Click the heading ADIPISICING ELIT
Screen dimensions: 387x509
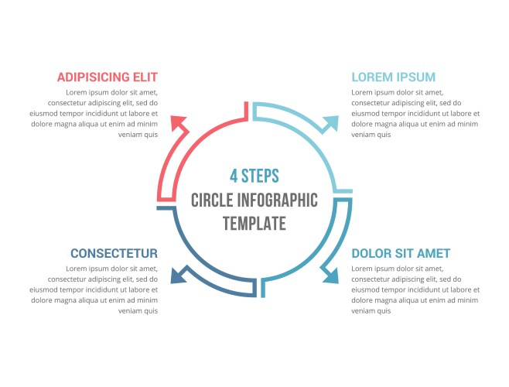pyautogui.click(x=107, y=77)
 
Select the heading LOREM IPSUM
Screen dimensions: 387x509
pyautogui.click(x=393, y=77)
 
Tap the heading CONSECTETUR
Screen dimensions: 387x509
pyautogui.click(x=114, y=253)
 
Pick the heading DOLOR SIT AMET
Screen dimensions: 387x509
pyautogui.click(x=401, y=253)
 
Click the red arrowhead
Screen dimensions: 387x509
pyautogui.click(x=180, y=123)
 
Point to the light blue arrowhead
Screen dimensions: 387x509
pyautogui.click(x=331, y=123)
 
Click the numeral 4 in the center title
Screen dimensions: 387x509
pyautogui.click(x=234, y=176)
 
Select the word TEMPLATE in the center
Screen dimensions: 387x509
pyautogui.click(x=254, y=224)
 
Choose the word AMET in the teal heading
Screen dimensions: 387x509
pyautogui.click(x=434, y=253)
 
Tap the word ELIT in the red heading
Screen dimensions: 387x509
pyautogui.click(x=145, y=77)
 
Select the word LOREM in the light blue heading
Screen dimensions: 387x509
pyautogui.click(x=371, y=77)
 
